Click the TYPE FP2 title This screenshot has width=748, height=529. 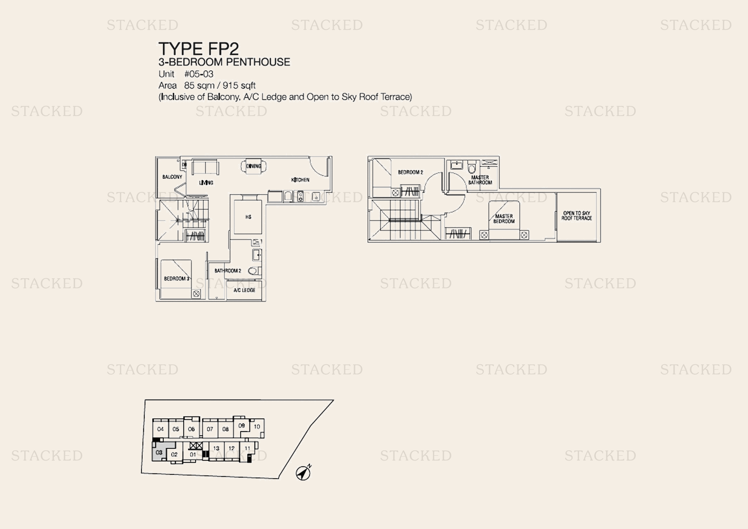(x=198, y=49)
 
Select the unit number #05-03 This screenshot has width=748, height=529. (x=199, y=74)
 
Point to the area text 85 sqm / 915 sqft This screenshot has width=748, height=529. (x=220, y=86)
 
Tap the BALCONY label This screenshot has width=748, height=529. (x=172, y=177)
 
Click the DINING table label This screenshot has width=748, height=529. (x=254, y=166)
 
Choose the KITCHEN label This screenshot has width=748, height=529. (x=300, y=180)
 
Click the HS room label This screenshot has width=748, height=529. (x=248, y=217)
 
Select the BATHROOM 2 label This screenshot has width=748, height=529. (x=228, y=271)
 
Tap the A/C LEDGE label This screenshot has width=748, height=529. (x=244, y=290)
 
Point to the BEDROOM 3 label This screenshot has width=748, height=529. (x=176, y=279)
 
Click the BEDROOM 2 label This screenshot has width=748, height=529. (x=411, y=172)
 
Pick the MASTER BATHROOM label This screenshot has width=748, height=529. (x=480, y=180)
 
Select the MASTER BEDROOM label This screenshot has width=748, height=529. (x=504, y=218)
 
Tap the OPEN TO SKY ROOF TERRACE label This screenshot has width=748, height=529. (x=576, y=216)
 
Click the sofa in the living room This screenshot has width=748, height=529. (x=205, y=167)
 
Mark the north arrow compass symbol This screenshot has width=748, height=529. (x=303, y=473)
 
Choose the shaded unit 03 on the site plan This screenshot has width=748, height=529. (x=159, y=452)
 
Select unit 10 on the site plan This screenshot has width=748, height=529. (x=257, y=427)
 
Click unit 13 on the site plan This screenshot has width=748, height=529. (x=216, y=448)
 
